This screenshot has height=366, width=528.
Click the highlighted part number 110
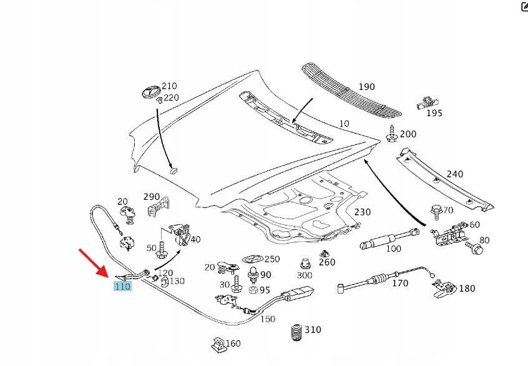[122, 287]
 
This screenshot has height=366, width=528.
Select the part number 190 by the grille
[366, 87]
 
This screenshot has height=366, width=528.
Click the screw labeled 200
[392, 134]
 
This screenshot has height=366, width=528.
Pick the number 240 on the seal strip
[455, 174]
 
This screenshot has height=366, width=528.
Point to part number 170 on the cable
[400, 284]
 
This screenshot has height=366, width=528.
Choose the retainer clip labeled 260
[325, 255]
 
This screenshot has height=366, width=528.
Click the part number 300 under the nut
[305, 275]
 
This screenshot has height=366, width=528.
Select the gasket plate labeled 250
[252, 259]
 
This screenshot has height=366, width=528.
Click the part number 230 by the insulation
[362, 212]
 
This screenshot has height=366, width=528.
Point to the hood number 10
[344, 124]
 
